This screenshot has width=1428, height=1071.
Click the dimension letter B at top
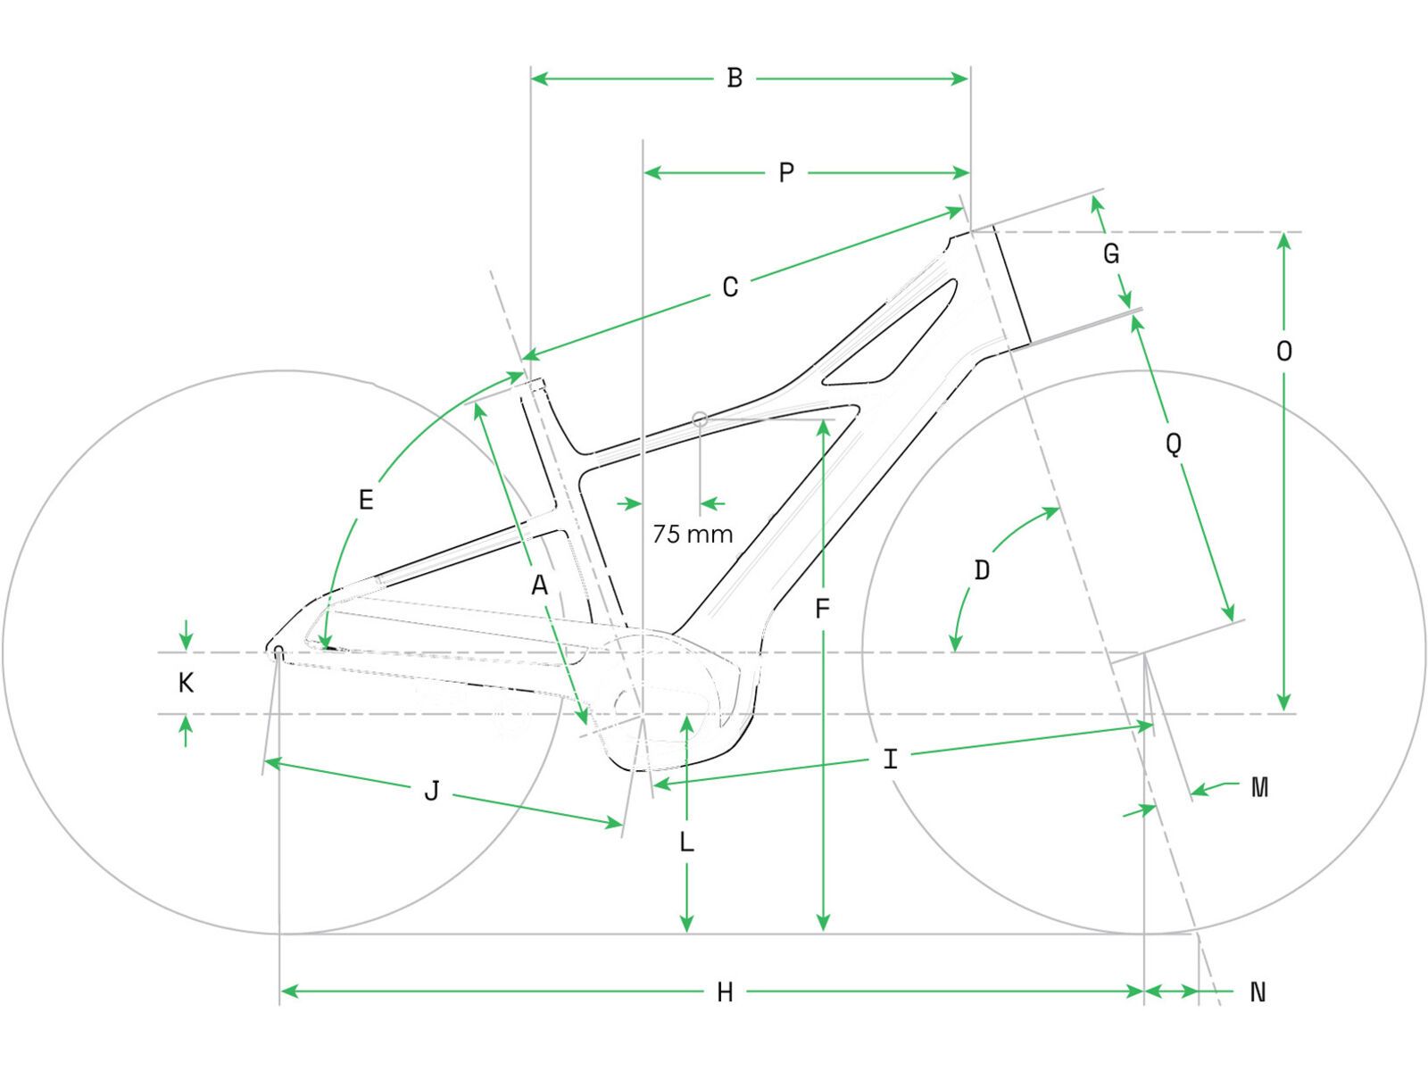(735, 79)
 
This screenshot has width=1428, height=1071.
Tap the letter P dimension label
(785, 172)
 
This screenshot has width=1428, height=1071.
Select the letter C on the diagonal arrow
(730, 287)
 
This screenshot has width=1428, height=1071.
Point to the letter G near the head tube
(1111, 254)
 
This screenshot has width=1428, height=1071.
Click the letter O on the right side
(1283, 352)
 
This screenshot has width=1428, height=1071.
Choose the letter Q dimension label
(1174, 443)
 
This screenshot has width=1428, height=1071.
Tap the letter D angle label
(982, 570)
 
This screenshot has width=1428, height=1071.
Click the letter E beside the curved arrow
(365, 501)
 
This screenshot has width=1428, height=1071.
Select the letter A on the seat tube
(538, 586)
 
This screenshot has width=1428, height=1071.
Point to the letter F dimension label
(822, 610)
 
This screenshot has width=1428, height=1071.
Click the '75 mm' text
(693, 535)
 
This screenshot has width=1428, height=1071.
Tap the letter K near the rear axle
(186, 684)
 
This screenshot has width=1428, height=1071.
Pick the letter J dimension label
(431, 791)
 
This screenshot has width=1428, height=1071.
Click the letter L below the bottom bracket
(686, 843)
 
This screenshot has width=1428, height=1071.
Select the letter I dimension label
(890, 760)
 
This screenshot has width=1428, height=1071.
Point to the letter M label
(1259, 787)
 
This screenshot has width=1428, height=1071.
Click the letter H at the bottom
(725, 992)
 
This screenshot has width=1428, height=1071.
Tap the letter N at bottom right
(1258, 992)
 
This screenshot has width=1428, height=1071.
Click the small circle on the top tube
(701, 418)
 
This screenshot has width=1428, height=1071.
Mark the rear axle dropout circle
(278, 651)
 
